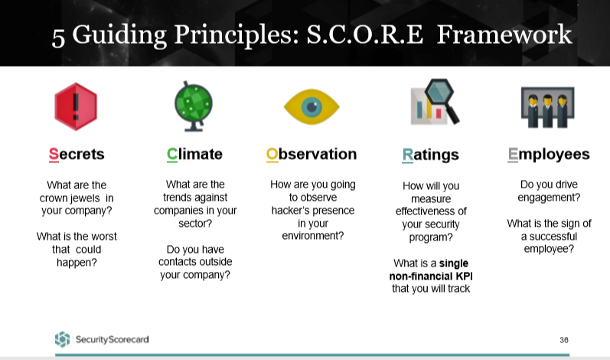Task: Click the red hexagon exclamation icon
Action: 76,106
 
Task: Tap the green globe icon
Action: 194,106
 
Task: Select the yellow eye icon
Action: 312,107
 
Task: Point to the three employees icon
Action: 548,107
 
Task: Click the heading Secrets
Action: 77,154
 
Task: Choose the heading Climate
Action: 194,154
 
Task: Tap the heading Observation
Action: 312,154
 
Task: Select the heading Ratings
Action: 431,155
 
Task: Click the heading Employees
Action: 549,155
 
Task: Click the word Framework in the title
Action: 504,34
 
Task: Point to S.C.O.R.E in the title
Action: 365,34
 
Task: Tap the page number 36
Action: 564,340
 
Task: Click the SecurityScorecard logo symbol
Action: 62,339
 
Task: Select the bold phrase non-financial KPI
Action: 431,277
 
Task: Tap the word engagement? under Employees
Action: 549,198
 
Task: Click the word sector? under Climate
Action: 195,224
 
